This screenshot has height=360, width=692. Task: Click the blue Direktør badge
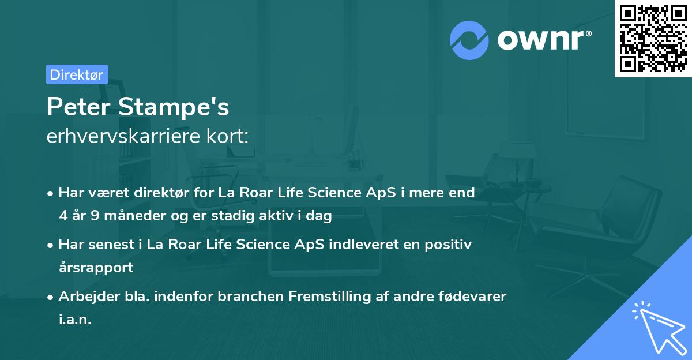pyautogui.click(x=77, y=74)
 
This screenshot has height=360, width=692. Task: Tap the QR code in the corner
pyautogui.click(x=653, y=38)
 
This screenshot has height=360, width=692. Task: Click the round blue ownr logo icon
pyautogui.click(x=469, y=40)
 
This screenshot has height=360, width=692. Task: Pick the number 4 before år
pyautogui.click(x=63, y=216)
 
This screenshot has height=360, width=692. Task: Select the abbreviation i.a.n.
pyautogui.click(x=75, y=319)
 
